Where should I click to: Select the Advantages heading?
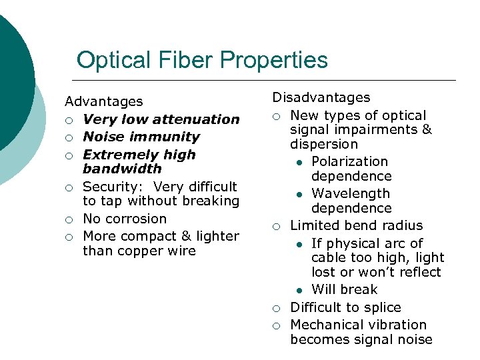pos(103,101)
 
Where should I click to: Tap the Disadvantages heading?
pos(321,97)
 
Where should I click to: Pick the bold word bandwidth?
pos(122,169)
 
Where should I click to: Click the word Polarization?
pos(349,161)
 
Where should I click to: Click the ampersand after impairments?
pos(427,129)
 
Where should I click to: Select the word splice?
pos(382,307)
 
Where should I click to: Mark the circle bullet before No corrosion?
pos(69,219)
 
